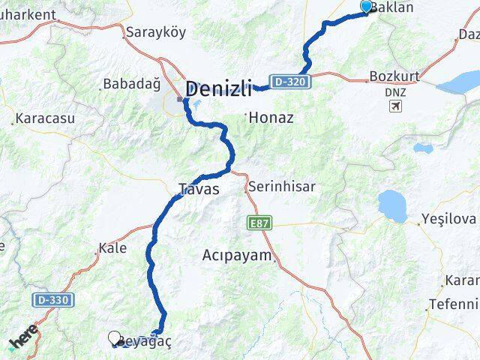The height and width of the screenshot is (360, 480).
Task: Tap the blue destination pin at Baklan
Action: point(366,7)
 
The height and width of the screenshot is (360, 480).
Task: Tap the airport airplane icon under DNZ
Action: point(395,106)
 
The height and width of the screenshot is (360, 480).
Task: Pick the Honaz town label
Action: point(271,118)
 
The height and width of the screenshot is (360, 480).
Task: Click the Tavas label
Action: point(199,189)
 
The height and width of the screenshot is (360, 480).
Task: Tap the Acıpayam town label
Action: point(237,256)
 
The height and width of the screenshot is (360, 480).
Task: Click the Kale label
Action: point(112,248)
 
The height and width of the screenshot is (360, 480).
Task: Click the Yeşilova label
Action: point(449,220)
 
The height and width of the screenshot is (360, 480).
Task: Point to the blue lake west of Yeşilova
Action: point(392,203)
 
